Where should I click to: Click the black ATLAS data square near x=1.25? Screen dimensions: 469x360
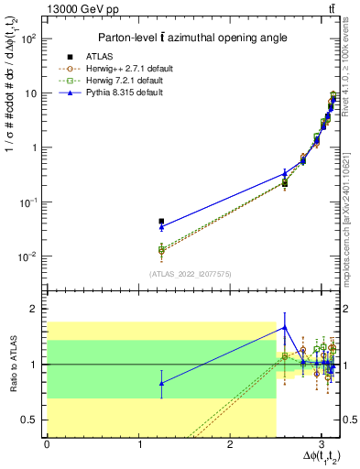pos(161,222)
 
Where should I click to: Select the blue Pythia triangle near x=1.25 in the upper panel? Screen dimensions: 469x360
pos(161,227)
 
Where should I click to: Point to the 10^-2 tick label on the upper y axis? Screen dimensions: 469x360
pos(27,256)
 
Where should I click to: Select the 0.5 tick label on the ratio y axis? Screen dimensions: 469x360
pos(32,420)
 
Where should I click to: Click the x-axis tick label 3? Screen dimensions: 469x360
pos(321,443)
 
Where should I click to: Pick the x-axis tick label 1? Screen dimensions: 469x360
pos(138,443)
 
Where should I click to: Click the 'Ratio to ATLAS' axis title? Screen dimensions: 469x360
pos(11,365)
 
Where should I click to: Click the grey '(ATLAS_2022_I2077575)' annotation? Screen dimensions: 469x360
pos(192,273)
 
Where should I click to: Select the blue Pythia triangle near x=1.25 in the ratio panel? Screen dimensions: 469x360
pos(161,383)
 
